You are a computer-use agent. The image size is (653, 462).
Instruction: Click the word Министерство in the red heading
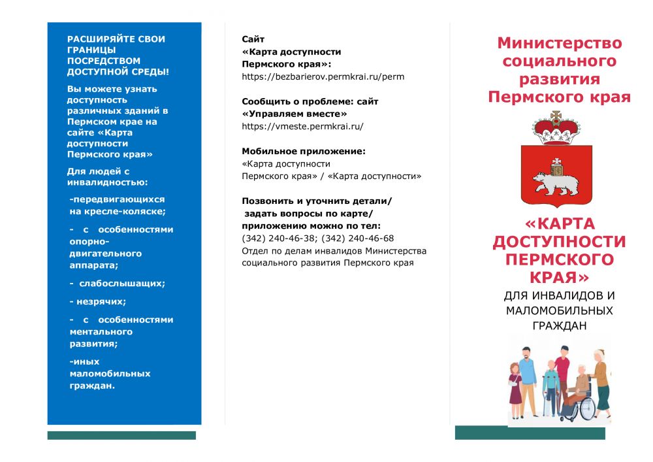coord(560,43)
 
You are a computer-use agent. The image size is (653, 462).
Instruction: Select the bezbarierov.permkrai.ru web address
coord(323,76)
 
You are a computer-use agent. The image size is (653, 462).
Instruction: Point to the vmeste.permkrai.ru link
coord(302,126)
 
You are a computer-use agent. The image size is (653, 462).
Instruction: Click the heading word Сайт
coord(253,39)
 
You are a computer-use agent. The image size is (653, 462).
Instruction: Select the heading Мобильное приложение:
coord(304,151)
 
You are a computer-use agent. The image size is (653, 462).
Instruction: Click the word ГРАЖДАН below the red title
coord(560,324)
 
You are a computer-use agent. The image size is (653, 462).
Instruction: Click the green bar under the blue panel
coord(121,435)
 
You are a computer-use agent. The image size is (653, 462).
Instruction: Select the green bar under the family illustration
coord(530,433)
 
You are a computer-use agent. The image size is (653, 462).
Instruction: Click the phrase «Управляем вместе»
coord(295,114)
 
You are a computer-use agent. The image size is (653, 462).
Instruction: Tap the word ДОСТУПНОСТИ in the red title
coord(559,242)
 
